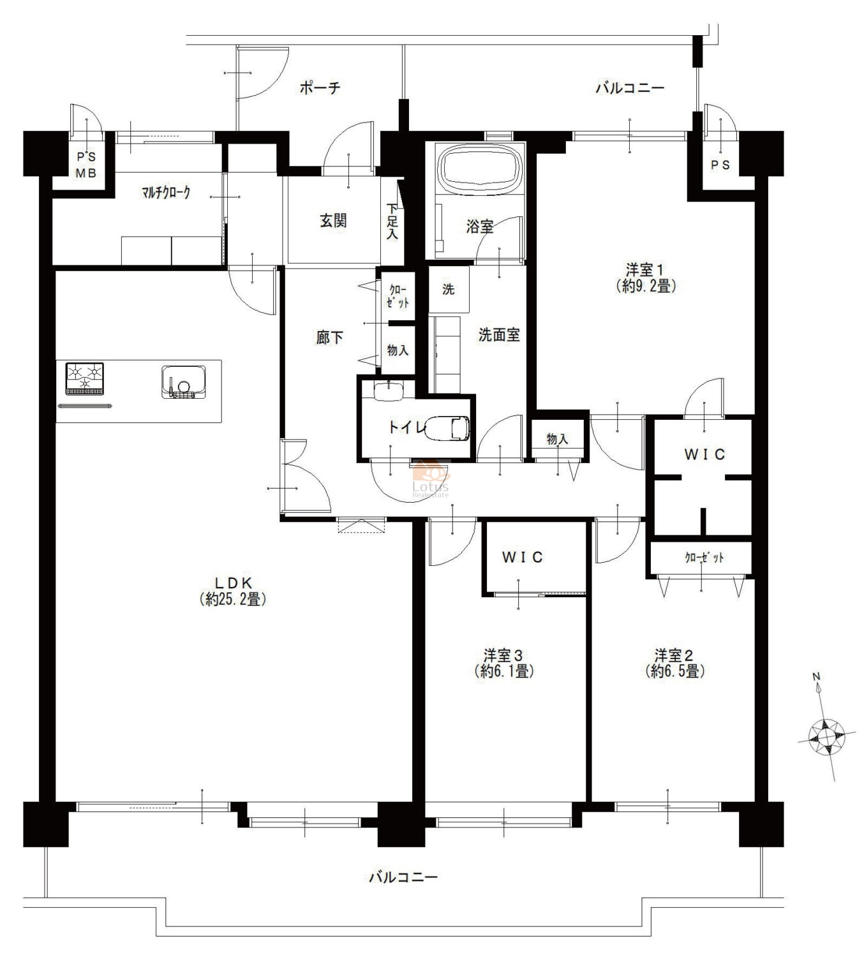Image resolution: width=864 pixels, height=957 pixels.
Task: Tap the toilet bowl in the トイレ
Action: point(447,428)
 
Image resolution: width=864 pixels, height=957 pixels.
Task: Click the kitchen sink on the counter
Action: point(184,382)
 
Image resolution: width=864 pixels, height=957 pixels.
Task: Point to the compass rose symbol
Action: point(826,736)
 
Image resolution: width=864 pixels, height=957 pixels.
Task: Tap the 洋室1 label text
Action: point(646,269)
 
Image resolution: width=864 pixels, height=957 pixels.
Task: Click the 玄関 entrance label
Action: point(332,220)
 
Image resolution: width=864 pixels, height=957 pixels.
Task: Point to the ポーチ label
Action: point(320,87)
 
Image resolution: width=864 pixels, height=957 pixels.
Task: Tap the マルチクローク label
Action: point(166,193)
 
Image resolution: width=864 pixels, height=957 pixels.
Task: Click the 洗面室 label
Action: point(499,335)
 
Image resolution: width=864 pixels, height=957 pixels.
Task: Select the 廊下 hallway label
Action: point(329,338)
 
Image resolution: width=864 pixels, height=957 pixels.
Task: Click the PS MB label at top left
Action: point(86,165)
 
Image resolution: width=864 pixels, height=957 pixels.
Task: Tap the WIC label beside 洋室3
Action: point(522,557)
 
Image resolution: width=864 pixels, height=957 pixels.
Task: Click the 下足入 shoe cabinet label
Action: point(392,221)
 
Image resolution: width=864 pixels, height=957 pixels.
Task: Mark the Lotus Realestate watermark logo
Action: point(431,479)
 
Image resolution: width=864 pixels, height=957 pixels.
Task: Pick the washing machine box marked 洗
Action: point(448,289)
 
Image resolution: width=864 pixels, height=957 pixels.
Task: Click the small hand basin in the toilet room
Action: point(389,391)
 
